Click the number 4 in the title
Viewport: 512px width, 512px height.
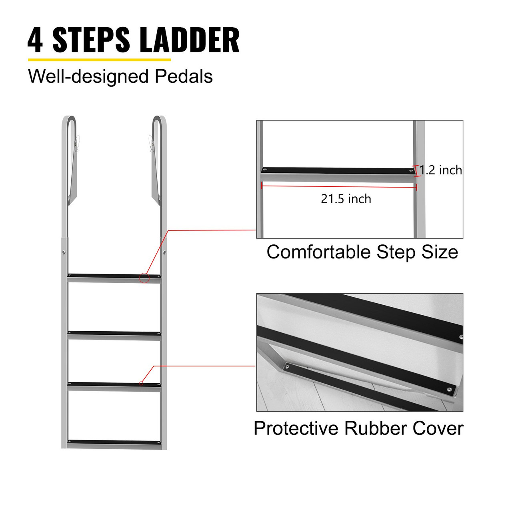click(35, 40)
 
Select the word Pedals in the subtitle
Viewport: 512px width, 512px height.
click(184, 76)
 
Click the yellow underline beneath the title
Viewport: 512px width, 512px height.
click(99, 60)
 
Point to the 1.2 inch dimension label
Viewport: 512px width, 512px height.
click(440, 170)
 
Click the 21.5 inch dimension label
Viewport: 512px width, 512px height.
click(346, 199)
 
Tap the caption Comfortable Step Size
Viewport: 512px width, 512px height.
click(362, 252)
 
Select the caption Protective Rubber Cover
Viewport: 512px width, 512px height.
click(358, 428)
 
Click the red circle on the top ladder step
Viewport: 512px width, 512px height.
click(144, 278)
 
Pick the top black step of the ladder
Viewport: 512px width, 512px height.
click(114, 276)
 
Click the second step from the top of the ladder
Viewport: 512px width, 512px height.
click(114, 333)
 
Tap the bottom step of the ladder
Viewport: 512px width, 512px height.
click(114, 442)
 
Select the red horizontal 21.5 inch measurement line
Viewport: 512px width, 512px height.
click(339, 186)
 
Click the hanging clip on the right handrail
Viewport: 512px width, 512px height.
click(151, 144)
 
